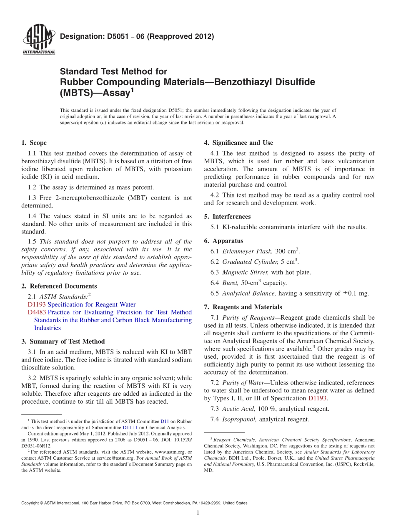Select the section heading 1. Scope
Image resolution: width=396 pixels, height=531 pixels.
34,143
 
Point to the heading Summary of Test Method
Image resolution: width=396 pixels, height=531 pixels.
67,341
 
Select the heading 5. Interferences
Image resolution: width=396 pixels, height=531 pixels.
227,216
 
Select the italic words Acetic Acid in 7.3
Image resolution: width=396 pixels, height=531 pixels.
236,409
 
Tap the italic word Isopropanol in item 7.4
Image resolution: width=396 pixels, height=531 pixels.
240,419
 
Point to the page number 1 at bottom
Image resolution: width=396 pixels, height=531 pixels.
198,513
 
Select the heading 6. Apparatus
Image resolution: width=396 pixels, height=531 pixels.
223,241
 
